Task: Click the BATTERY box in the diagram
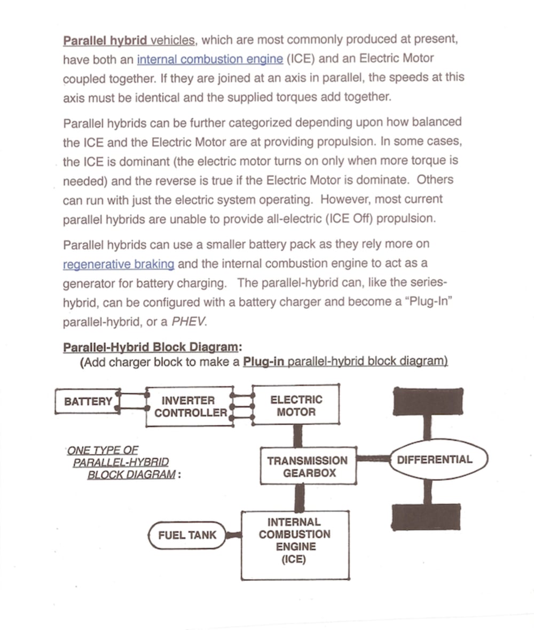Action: (x=87, y=401)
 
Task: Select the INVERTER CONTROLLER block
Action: (x=190, y=407)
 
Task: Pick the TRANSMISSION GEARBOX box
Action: (x=308, y=466)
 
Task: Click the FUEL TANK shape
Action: (x=187, y=534)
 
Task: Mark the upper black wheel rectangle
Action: (x=426, y=401)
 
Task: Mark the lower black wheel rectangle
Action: (x=426, y=516)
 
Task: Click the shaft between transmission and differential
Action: (x=374, y=459)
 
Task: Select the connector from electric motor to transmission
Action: (x=298, y=435)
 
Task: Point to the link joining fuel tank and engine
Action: (x=233, y=534)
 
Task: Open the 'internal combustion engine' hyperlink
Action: (x=210, y=58)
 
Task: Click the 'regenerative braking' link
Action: (x=119, y=264)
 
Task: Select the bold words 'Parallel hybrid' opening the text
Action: (x=105, y=40)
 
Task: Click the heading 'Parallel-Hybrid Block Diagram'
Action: (x=151, y=347)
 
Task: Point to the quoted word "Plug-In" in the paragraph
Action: (x=428, y=301)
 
